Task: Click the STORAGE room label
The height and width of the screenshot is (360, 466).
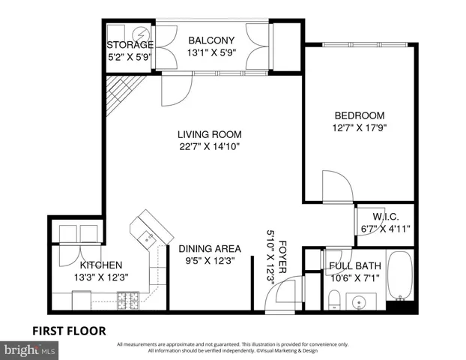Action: click(x=130, y=45)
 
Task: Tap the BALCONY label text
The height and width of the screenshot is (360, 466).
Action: click(x=211, y=40)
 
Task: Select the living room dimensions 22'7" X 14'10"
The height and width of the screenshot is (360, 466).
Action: click(x=209, y=147)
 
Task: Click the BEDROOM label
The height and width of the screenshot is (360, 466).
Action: click(x=359, y=115)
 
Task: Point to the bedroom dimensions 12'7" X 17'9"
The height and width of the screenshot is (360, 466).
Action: click(x=359, y=127)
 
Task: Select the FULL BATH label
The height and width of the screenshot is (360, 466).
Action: click(x=355, y=266)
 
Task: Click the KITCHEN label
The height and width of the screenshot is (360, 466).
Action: click(x=101, y=265)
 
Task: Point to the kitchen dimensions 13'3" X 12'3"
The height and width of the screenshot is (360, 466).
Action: click(x=101, y=277)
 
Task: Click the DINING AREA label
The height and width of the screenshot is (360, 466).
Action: click(x=209, y=249)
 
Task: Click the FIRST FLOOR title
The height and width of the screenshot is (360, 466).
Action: click(x=68, y=330)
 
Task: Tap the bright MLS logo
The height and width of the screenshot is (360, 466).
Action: click(x=29, y=349)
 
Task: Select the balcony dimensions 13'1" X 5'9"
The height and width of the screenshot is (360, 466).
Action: click(x=211, y=53)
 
